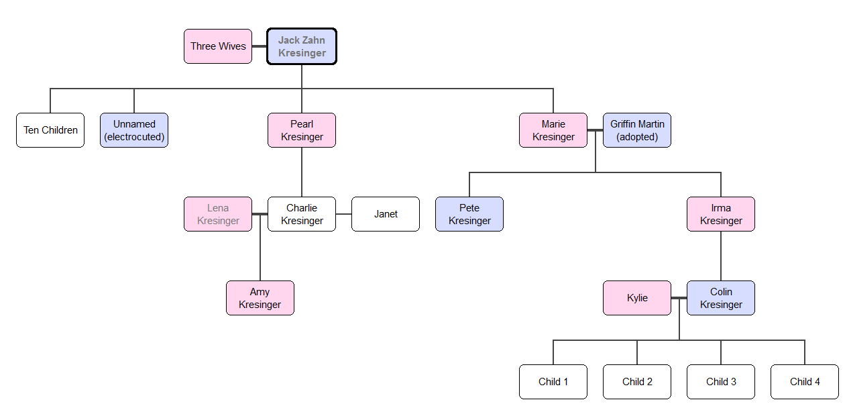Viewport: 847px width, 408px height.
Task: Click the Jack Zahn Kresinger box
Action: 302,46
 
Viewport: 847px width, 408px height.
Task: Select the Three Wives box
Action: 218,46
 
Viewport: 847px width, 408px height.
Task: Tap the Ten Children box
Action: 50,130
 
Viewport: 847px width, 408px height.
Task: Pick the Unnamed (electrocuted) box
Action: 134,130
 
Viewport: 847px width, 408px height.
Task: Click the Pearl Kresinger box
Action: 302,130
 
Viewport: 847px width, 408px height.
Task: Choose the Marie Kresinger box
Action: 553,130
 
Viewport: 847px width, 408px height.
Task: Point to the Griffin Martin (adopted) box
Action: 637,130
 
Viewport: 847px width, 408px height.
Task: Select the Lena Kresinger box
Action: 218,214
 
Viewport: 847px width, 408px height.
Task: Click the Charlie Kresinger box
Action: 302,214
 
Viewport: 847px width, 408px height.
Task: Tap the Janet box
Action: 386,214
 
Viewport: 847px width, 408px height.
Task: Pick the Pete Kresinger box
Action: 469,214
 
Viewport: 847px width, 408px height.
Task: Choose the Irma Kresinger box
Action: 721,214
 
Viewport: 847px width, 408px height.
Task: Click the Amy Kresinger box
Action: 260,298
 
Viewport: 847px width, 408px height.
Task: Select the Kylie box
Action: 637,298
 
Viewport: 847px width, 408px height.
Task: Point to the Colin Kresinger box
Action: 721,298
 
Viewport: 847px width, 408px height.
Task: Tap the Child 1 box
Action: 553,382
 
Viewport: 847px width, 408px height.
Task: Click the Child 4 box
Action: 805,382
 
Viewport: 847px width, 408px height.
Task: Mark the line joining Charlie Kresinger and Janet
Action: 344,214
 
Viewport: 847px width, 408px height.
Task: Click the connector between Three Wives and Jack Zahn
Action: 260,46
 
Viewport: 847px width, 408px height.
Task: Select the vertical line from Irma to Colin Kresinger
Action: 721,256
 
